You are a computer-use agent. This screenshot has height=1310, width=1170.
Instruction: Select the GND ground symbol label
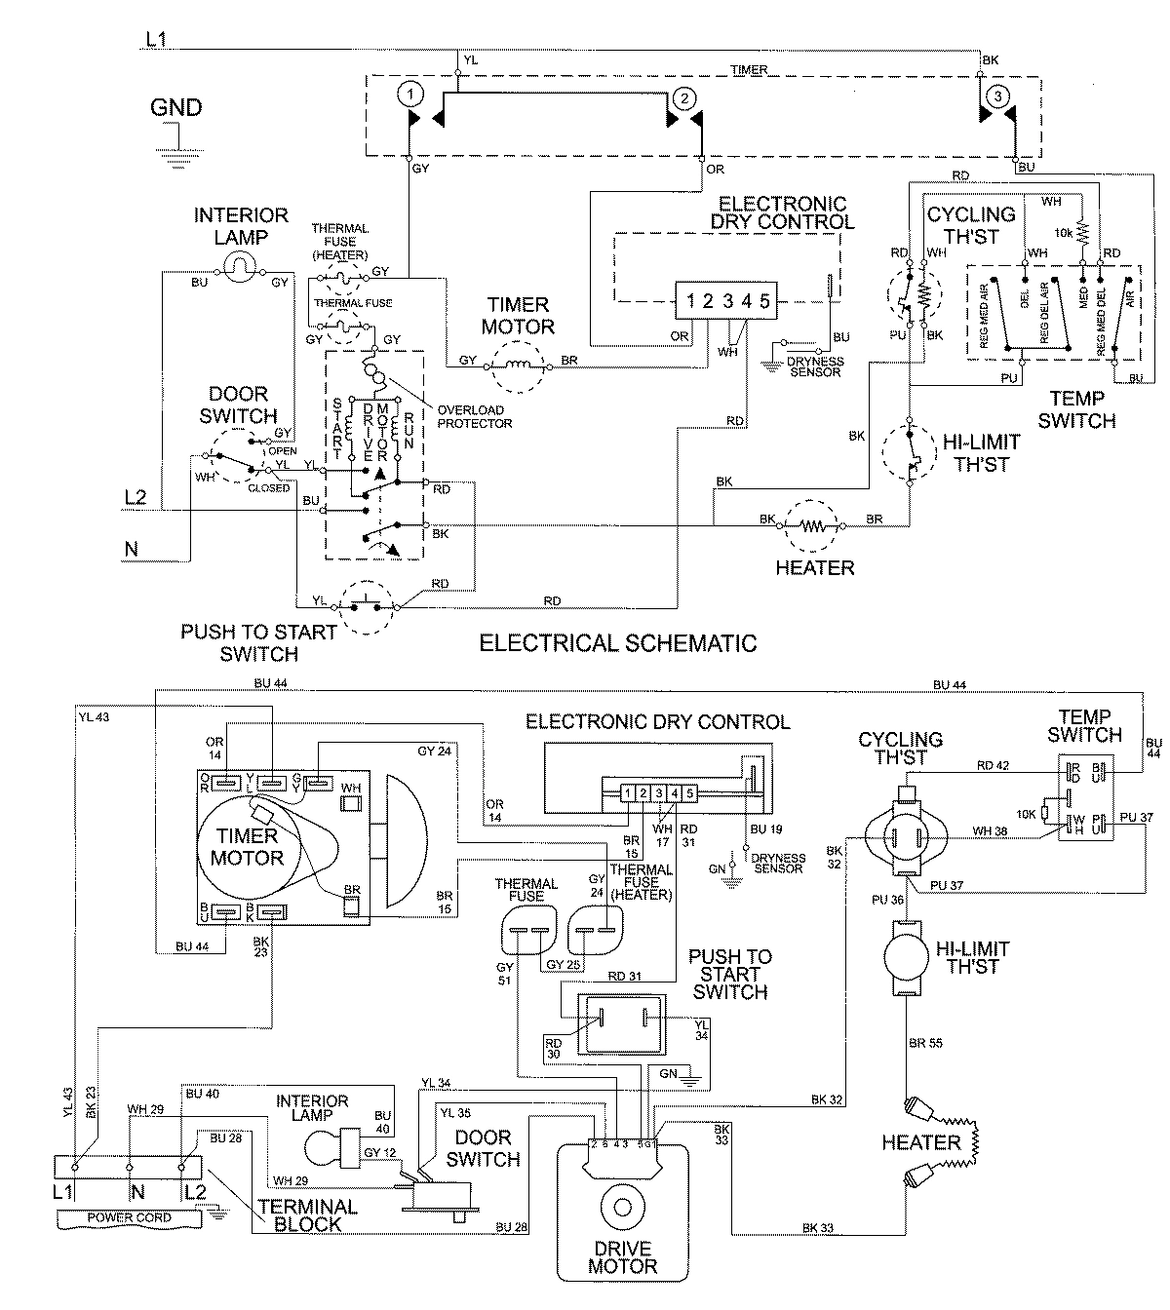click(175, 107)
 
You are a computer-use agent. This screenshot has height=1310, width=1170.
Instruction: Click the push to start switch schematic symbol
click(364, 606)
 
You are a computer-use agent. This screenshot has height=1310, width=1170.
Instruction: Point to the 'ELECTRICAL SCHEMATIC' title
click(618, 643)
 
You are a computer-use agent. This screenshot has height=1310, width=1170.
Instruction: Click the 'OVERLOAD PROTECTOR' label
click(475, 417)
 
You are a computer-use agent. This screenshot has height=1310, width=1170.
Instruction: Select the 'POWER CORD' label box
click(129, 1217)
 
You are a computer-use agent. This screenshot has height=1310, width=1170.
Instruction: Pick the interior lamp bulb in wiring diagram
click(330, 1143)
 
